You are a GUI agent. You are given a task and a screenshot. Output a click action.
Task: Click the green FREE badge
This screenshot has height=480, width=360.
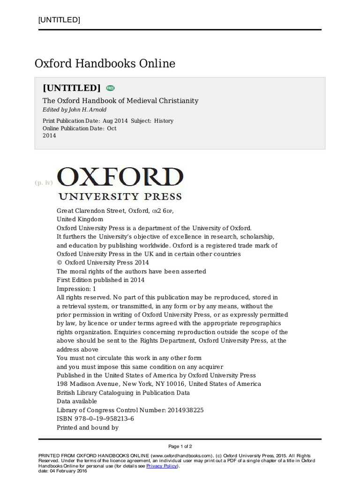[110, 88]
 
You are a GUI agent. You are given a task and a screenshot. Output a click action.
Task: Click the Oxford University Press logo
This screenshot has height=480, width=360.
[120, 183]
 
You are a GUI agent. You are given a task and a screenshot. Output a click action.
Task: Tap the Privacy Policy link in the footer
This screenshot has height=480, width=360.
[162, 466]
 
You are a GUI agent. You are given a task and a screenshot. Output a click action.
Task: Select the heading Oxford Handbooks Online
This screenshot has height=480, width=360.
[105, 63]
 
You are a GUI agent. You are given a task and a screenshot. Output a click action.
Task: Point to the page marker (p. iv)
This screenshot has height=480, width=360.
[44, 183]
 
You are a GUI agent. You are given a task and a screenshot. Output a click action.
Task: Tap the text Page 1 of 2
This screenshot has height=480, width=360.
[180, 446]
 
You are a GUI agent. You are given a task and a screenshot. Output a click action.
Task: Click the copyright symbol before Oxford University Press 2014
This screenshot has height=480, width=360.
[59, 262]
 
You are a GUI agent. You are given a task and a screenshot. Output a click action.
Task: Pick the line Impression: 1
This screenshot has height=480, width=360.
[76, 289]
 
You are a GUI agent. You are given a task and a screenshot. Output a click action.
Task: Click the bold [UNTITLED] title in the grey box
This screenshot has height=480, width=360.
[72, 88]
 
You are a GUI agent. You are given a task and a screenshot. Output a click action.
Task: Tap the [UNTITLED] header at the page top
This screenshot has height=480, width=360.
[59, 20]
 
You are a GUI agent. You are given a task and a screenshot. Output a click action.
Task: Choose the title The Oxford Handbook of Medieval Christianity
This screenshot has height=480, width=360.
[120, 101]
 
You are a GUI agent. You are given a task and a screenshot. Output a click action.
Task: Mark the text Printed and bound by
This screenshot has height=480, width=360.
[88, 427]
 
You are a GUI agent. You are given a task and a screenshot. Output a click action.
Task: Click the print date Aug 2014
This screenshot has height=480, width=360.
[115, 120]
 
